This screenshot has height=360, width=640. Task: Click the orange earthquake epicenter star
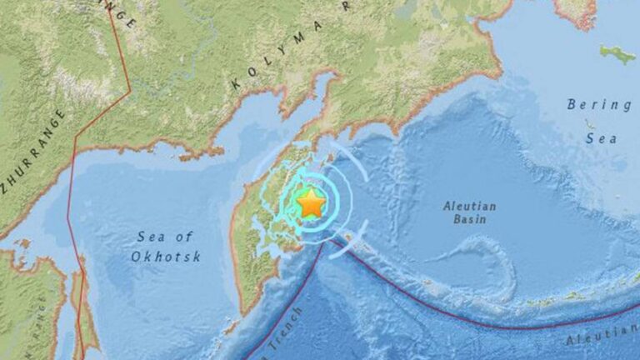tap(311, 203)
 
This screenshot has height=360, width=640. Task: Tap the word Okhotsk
tap(166, 257)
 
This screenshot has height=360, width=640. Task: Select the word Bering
tap(599, 105)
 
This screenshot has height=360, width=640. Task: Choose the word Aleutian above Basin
tap(469, 207)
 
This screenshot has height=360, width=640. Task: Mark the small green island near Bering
tap(617, 54)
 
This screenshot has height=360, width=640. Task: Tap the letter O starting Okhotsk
tap(136, 257)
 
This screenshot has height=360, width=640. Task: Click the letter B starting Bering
tap(572, 105)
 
